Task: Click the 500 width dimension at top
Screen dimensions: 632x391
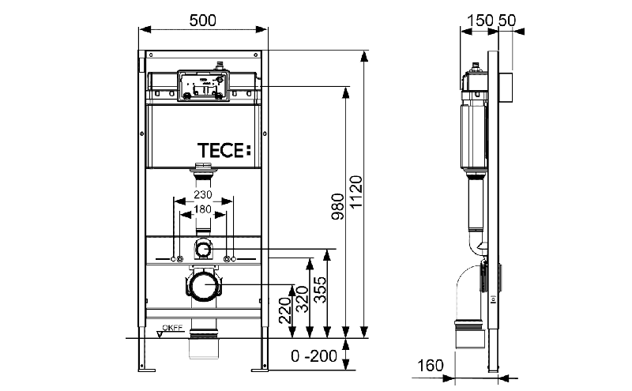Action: pyautogui.click(x=202, y=21)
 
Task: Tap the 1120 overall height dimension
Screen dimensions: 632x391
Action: pyautogui.click(x=356, y=192)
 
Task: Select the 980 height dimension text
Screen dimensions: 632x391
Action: pyautogui.click(x=338, y=206)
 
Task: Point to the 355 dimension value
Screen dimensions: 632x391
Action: pyautogui.click(x=321, y=289)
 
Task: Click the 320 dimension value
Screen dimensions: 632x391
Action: pyautogui.click(x=303, y=299)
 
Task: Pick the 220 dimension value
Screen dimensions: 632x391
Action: pyautogui.click(x=285, y=310)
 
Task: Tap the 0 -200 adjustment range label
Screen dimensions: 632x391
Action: pyautogui.click(x=314, y=356)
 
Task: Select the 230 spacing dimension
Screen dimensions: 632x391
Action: pyautogui.click(x=203, y=194)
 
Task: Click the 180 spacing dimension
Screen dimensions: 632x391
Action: pyautogui.click(x=202, y=209)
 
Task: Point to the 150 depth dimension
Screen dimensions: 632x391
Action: pyautogui.click(x=480, y=21)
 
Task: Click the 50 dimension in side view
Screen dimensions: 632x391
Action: pyautogui.click(x=507, y=21)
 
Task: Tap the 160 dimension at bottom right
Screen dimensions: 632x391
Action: pyautogui.click(x=431, y=366)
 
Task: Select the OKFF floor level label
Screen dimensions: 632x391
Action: pyautogui.click(x=172, y=328)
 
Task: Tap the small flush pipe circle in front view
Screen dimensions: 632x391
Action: pyautogui.click(x=204, y=250)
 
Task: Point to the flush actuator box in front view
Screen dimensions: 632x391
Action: pyautogui.click(x=203, y=85)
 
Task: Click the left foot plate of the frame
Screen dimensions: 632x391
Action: pyautogui.click(x=147, y=370)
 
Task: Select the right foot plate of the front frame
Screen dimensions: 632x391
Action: pyautogui.click(x=260, y=370)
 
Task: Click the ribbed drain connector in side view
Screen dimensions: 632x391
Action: pyautogui.click(x=469, y=325)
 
